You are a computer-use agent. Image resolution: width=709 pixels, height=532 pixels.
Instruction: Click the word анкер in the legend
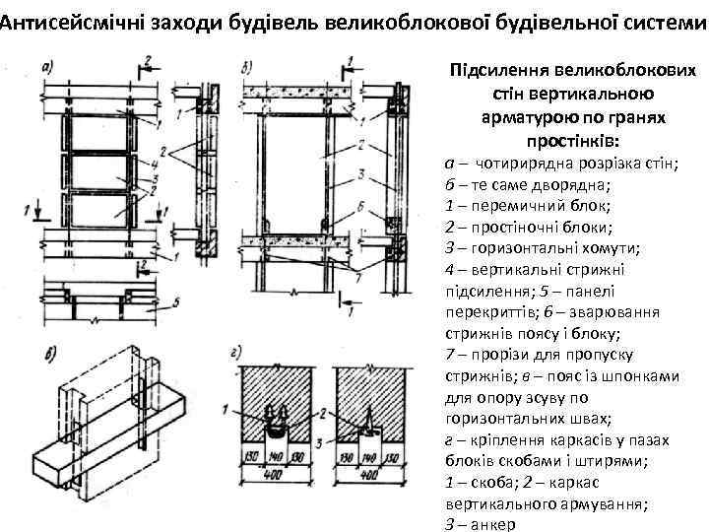(492, 523)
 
